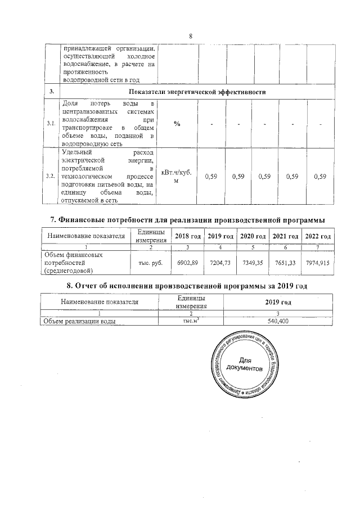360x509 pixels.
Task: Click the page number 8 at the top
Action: (191, 37)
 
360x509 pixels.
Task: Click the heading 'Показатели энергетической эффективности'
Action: (197, 92)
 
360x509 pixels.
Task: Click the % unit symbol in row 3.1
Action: (177, 124)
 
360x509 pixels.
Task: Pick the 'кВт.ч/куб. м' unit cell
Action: (177, 176)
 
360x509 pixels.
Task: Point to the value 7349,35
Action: (253, 263)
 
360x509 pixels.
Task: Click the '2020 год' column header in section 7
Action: (253, 236)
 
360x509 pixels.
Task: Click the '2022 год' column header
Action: (318, 236)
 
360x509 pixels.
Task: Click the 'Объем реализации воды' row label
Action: (80, 321)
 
